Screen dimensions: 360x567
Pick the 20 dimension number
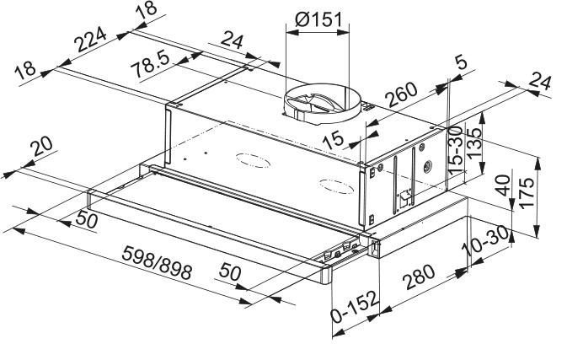[40, 150]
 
